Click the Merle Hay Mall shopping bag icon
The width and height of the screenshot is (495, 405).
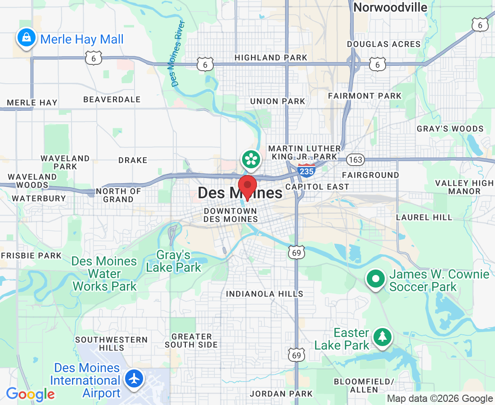pyautogui.click(x=27, y=38)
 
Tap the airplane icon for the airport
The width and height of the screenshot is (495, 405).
pyautogui.click(x=134, y=378)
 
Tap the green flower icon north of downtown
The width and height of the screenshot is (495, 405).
pyautogui.click(x=251, y=159)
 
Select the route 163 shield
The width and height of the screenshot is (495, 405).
pyautogui.click(x=355, y=159)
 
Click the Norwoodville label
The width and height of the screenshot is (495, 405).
pyautogui.click(x=390, y=7)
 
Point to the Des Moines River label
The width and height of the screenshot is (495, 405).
pyautogui.click(x=175, y=53)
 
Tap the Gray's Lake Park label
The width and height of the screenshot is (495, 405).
pyautogui.click(x=174, y=261)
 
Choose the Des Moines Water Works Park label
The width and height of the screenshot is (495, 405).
pyautogui.click(x=104, y=274)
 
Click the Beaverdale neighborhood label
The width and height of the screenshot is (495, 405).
pyautogui.click(x=112, y=99)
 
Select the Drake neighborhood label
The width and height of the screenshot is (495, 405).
pyautogui.click(x=133, y=160)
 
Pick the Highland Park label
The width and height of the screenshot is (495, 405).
pyautogui.click(x=271, y=58)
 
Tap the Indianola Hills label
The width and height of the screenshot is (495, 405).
pyautogui.click(x=265, y=294)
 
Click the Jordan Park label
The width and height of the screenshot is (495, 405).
pyautogui.click(x=281, y=394)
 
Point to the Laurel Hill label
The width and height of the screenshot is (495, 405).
pyautogui.click(x=424, y=217)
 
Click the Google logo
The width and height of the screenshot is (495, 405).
pyautogui.click(x=30, y=395)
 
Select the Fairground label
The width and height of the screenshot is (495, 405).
pyautogui.click(x=370, y=175)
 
